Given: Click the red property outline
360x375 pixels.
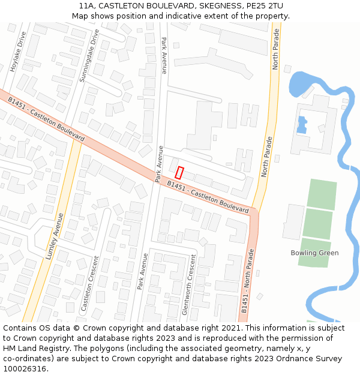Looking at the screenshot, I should point(179,172).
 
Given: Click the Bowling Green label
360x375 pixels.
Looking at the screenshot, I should point(314,253).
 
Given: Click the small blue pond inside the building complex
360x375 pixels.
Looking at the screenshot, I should point(302,124).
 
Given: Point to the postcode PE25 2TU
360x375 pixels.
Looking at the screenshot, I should point(265,5).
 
